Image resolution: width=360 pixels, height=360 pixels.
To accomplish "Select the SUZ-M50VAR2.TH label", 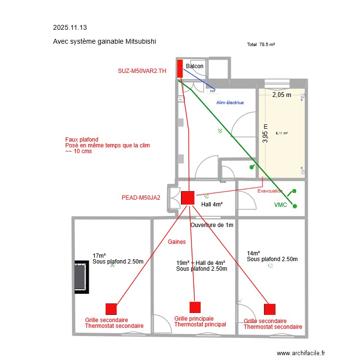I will pyautogui.click(x=142, y=71).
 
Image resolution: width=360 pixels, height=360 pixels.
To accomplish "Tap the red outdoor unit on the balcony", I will pyautogui.click(x=180, y=69).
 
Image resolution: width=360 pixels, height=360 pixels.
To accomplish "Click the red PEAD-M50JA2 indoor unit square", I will pyautogui.click(x=187, y=198).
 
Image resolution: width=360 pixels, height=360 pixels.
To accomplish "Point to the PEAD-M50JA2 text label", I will pyautogui.click(x=141, y=197).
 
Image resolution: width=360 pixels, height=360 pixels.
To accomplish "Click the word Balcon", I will pyautogui.click(x=194, y=66).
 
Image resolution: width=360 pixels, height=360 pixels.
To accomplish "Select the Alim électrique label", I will pyautogui.click(x=230, y=103).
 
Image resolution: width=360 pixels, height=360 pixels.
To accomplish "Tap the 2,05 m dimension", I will pyautogui.click(x=282, y=95).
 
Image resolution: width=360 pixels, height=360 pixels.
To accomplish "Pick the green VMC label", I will pyautogui.click(x=280, y=205).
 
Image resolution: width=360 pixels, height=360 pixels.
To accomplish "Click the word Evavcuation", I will pyautogui.click(x=270, y=191).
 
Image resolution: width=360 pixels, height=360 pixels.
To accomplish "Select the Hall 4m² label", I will pyautogui.click(x=212, y=204).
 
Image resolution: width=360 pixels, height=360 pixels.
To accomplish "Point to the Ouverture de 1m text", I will pyautogui.click(x=212, y=225).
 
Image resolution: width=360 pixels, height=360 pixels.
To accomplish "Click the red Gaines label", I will pyautogui.click(x=177, y=242).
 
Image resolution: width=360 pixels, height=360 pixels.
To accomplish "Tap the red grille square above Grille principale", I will pyautogui.click(x=195, y=307).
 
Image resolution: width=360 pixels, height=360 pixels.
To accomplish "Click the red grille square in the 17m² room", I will pyautogui.click(x=111, y=309).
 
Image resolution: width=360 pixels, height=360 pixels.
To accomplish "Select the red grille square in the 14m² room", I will pyautogui.click(x=270, y=309).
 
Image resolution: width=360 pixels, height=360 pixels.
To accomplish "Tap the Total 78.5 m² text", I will pyautogui.click(x=261, y=44).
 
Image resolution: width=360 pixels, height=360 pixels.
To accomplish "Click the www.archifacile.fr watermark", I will pyautogui.click(x=301, y=353).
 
